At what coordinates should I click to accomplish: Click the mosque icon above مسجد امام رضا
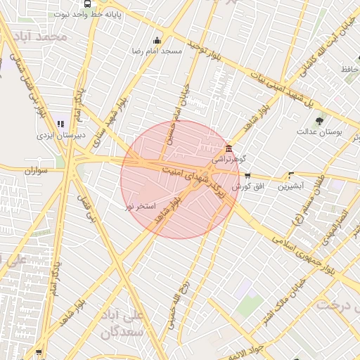pyautogui.click(x=156, y=40)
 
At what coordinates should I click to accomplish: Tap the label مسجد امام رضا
pyautogui.click(x=156, y=51)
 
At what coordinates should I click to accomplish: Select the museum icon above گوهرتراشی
pyautogui.click(x=229, y=148)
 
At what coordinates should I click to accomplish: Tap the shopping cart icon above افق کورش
pyautogui.click(x=247, y=175)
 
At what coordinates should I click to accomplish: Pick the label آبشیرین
pyautogui.click(x=291, y=186)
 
